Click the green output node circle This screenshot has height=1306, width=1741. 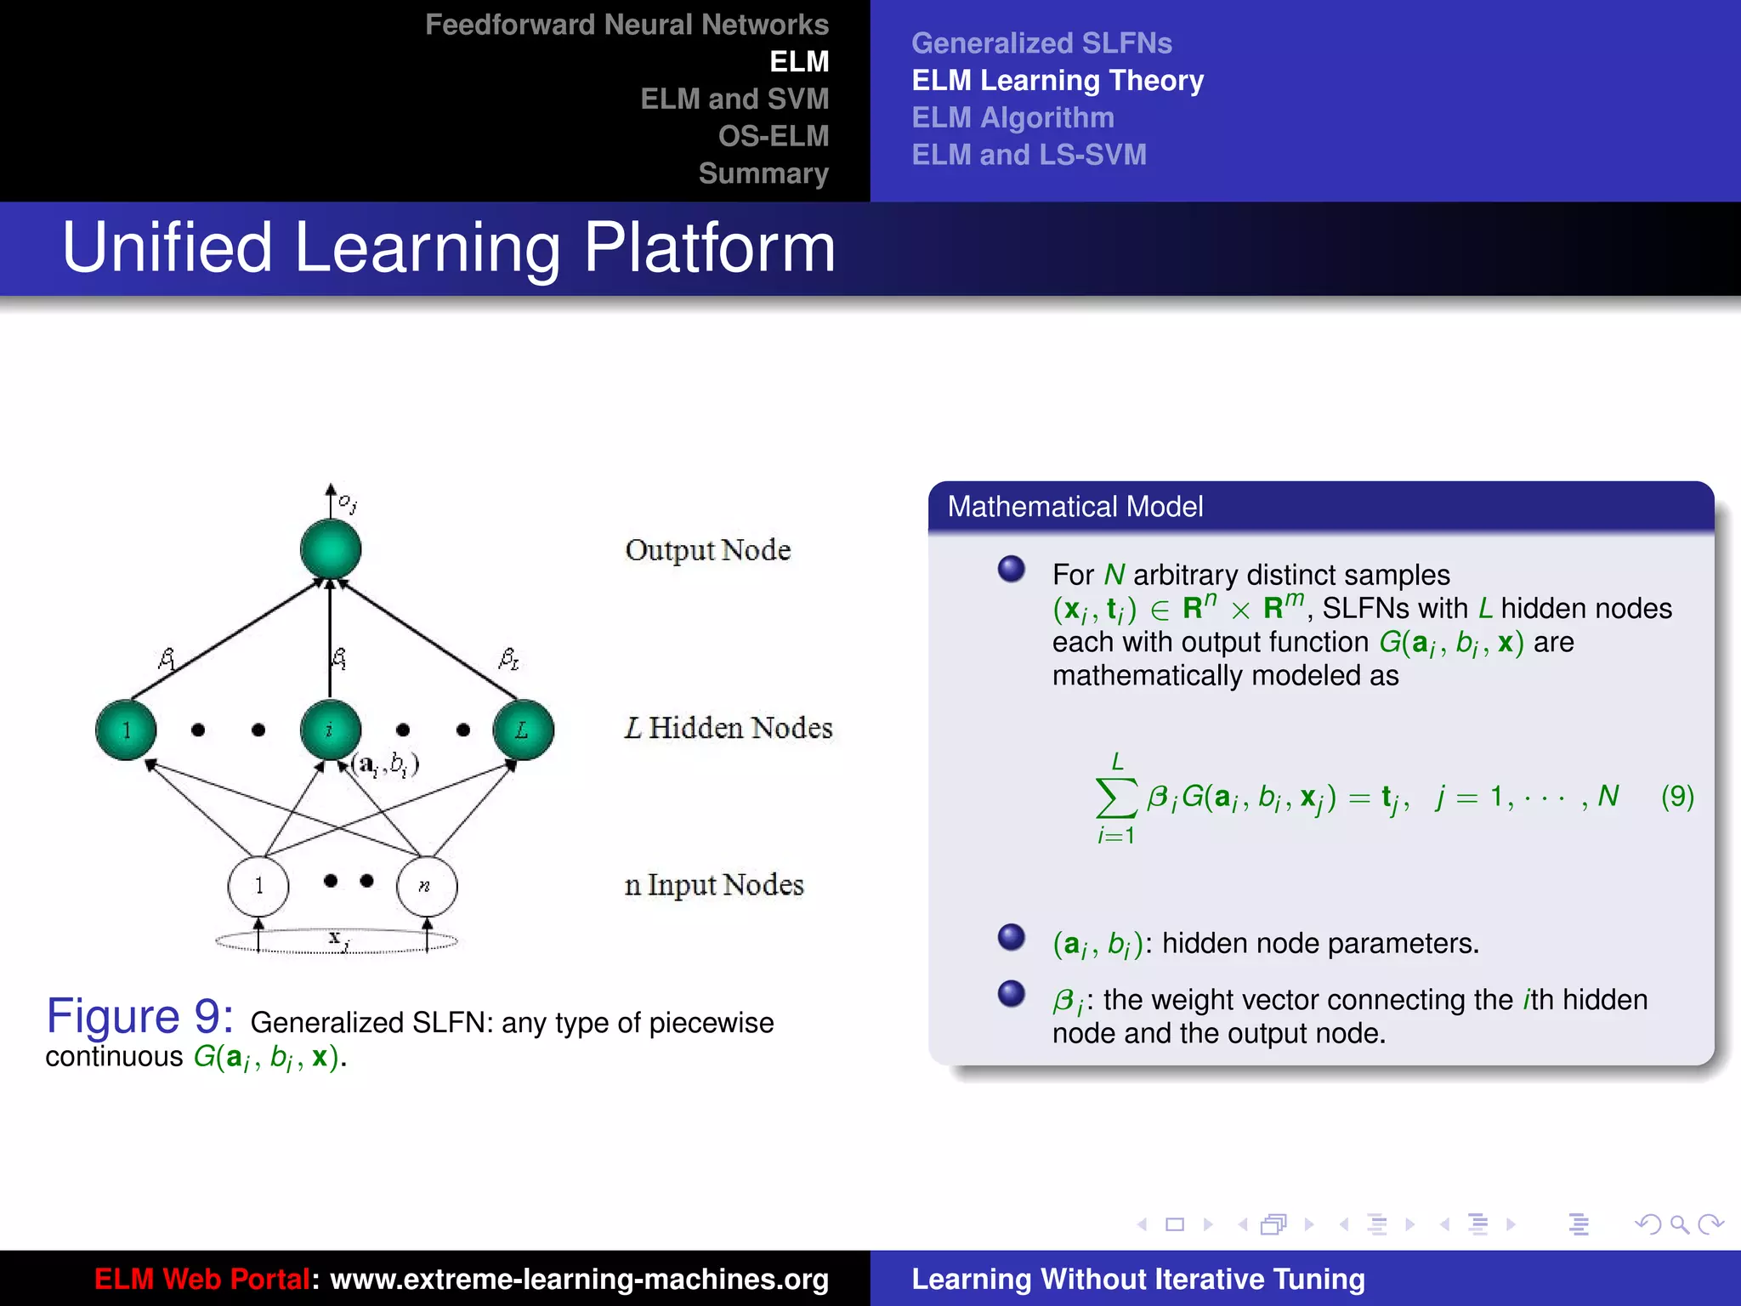click(x=331, y=549)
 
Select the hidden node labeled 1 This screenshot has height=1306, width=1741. click(x=126, y=730)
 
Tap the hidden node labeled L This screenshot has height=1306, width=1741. click(x=523, y=730)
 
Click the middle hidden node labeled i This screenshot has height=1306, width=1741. click(x=331, y=730)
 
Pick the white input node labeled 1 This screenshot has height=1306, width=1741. click(x=258, y=886)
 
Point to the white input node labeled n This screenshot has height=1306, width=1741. click(x=427, y=886)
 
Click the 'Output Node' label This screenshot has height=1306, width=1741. click(x=707, y=550)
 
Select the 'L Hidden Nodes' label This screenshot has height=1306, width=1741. click(x=728, y=728)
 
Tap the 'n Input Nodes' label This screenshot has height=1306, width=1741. click(x=713, y=885)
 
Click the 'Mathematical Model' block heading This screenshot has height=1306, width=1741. click(x=1075, y=507)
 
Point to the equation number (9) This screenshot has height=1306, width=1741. click(x=1676, y=797)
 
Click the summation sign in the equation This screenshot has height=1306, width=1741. click(x=1116, y=798)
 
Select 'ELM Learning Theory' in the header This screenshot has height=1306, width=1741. click(x=1057, y=80)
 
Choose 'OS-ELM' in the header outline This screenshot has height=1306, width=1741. click(x=773, y=136)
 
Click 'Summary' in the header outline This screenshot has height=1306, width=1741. click(x=763, y=173)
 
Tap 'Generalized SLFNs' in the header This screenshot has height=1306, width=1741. click(x=1041, y=43)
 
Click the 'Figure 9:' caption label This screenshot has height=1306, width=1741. click(x=139, y=1016)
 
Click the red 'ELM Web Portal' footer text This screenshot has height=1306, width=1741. click(x=201, y=1279)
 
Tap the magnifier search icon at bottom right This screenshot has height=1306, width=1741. click(x=1678, y=1224)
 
